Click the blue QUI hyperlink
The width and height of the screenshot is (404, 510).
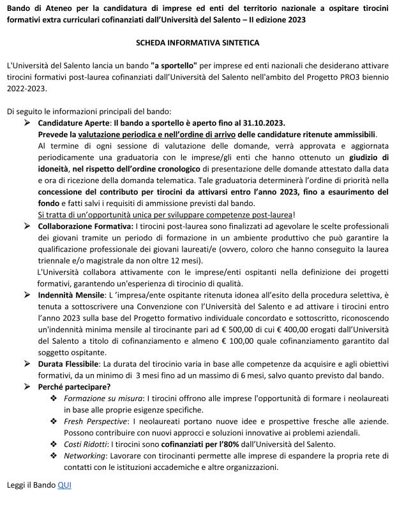click(64, 485)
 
